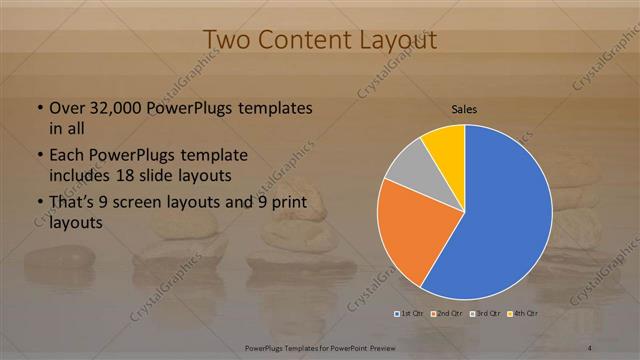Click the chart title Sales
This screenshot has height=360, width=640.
point(464,108)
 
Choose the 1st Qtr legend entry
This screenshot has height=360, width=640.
point(407,314)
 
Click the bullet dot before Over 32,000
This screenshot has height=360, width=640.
point(38,108)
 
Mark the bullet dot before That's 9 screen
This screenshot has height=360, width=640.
point(38,204)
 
